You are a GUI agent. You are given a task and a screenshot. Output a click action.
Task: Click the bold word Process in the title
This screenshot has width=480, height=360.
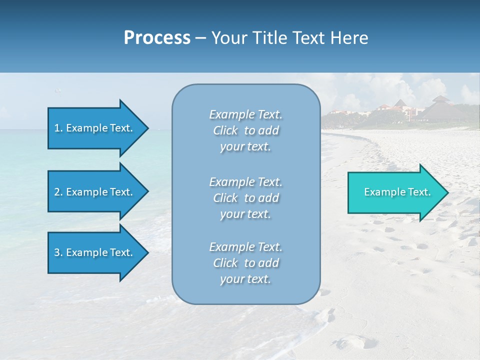point(157,38)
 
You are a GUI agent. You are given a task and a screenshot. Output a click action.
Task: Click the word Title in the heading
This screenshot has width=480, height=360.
point(270,38)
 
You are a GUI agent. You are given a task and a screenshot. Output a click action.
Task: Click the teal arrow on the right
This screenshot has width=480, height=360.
point(395,192)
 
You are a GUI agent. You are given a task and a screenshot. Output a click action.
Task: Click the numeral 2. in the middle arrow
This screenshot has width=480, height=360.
point(58,192)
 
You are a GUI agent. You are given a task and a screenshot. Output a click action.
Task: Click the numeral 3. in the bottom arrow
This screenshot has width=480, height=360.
point(58,253)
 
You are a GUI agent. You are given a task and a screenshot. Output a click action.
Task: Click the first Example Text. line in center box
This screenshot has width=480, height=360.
point(245,115)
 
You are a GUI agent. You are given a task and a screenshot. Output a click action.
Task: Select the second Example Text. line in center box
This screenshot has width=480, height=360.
point(245,182)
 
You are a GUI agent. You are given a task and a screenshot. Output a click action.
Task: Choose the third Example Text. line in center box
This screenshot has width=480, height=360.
point(245,247)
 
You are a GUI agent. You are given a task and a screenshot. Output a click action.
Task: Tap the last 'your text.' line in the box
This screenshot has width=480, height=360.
point(245,279)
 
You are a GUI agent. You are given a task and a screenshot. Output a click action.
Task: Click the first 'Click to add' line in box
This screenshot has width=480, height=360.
point(245,131)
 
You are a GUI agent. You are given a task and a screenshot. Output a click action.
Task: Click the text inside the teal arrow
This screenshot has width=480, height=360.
point(397,192)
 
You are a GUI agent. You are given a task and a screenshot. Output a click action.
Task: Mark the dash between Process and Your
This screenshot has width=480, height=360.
point(200,38)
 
